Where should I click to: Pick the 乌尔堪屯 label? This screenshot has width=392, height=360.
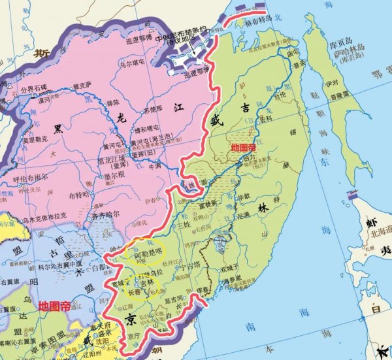tap(137, 63)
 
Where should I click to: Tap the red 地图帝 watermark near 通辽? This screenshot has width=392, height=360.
tap(56, 305)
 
